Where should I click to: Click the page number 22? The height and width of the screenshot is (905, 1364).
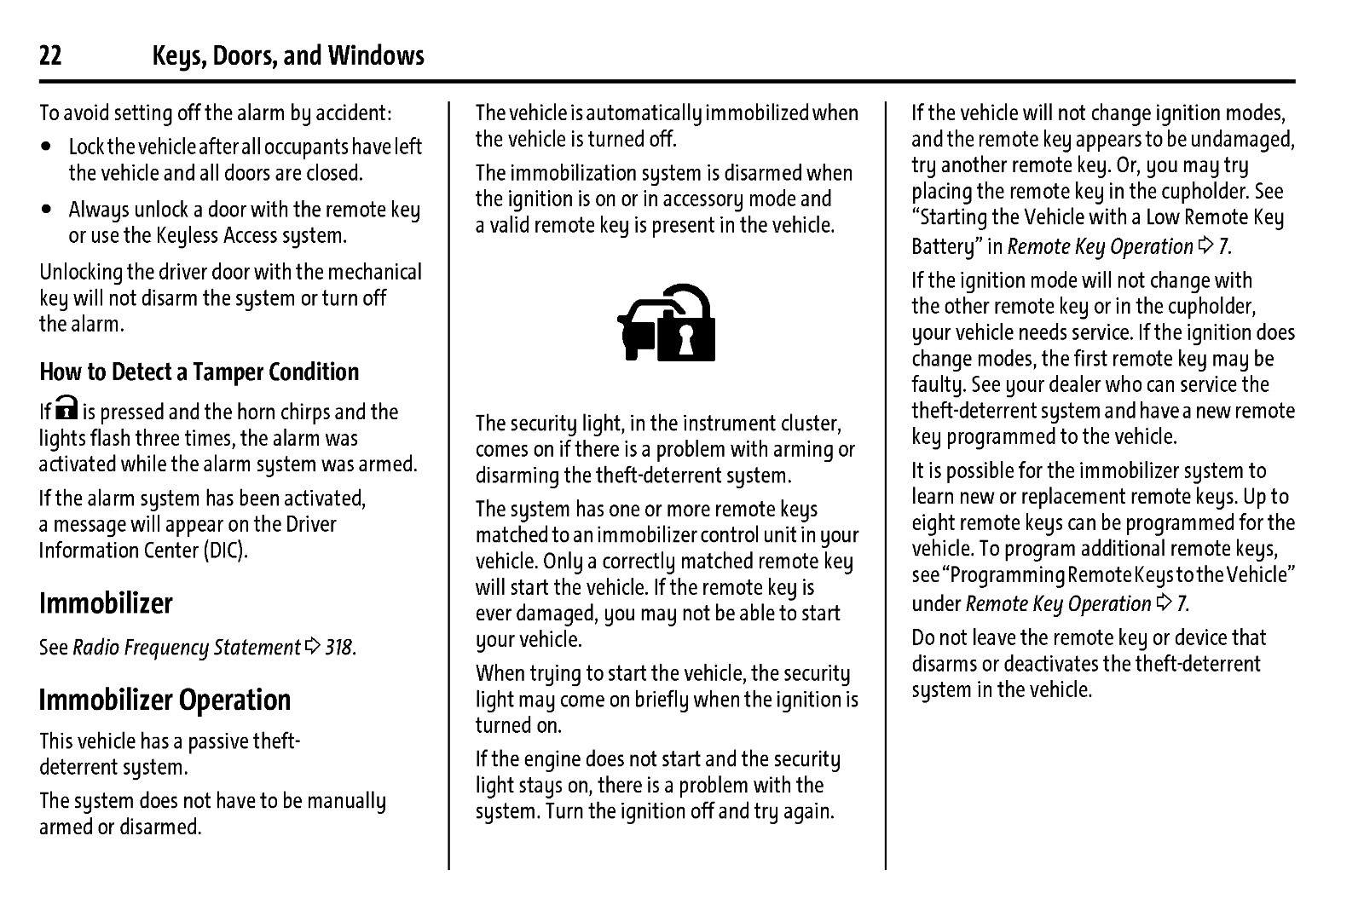[x=50, y=56]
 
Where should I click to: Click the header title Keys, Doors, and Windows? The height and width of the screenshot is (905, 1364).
[x=288, y=56]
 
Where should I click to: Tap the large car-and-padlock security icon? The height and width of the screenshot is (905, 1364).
[x=667, y=323]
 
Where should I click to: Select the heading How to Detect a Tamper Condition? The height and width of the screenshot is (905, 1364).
[x=199, y=372]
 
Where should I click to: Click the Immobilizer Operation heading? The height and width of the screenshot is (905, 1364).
[x=165, y=700]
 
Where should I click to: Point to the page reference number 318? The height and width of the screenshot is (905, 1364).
[x=339, y=648]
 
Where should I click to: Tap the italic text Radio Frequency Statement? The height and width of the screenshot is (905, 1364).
[x=187, y=648]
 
